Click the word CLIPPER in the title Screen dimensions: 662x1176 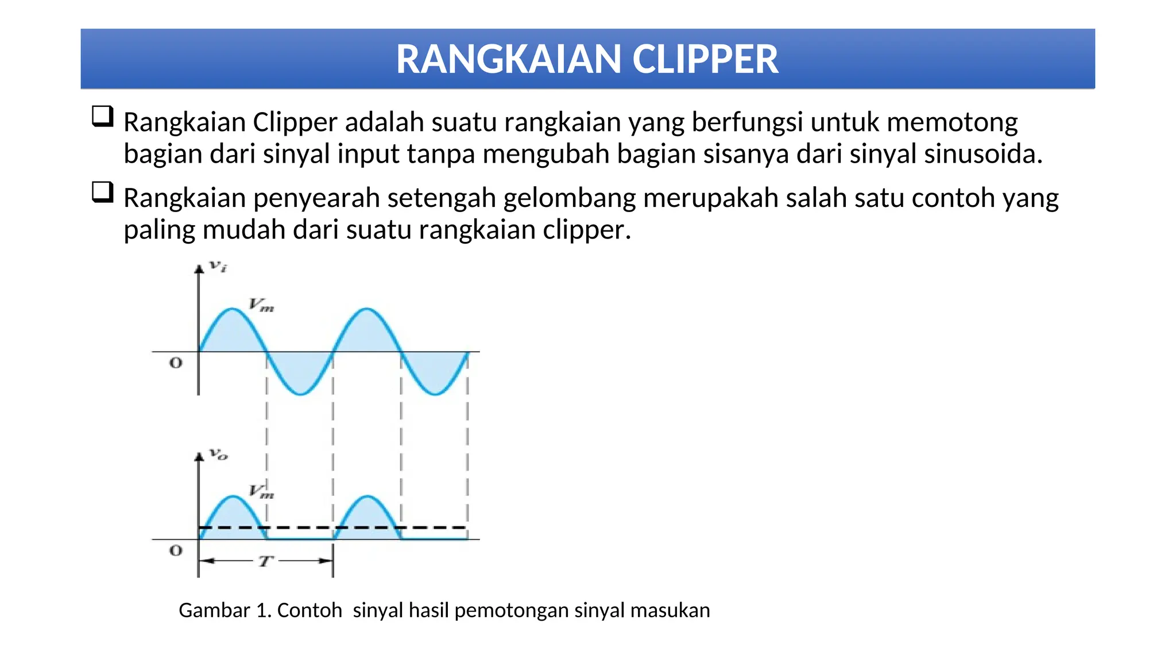tap(705, 60)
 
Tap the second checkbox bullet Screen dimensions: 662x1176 tap(102, 192)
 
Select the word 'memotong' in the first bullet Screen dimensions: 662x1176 tap(952, 122)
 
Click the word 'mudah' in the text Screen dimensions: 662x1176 tap(244, 230)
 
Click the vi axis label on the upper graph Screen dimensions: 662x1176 tap(218, 266)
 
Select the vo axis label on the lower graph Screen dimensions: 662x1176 tap(218, 455)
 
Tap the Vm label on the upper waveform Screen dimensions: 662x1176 tap(261, 305)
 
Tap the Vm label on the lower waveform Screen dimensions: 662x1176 tap(261, 491)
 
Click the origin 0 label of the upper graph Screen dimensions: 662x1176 tap(176, 363)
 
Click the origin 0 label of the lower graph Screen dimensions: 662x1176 tap(176, 551)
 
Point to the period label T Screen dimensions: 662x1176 tap(265, 561)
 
